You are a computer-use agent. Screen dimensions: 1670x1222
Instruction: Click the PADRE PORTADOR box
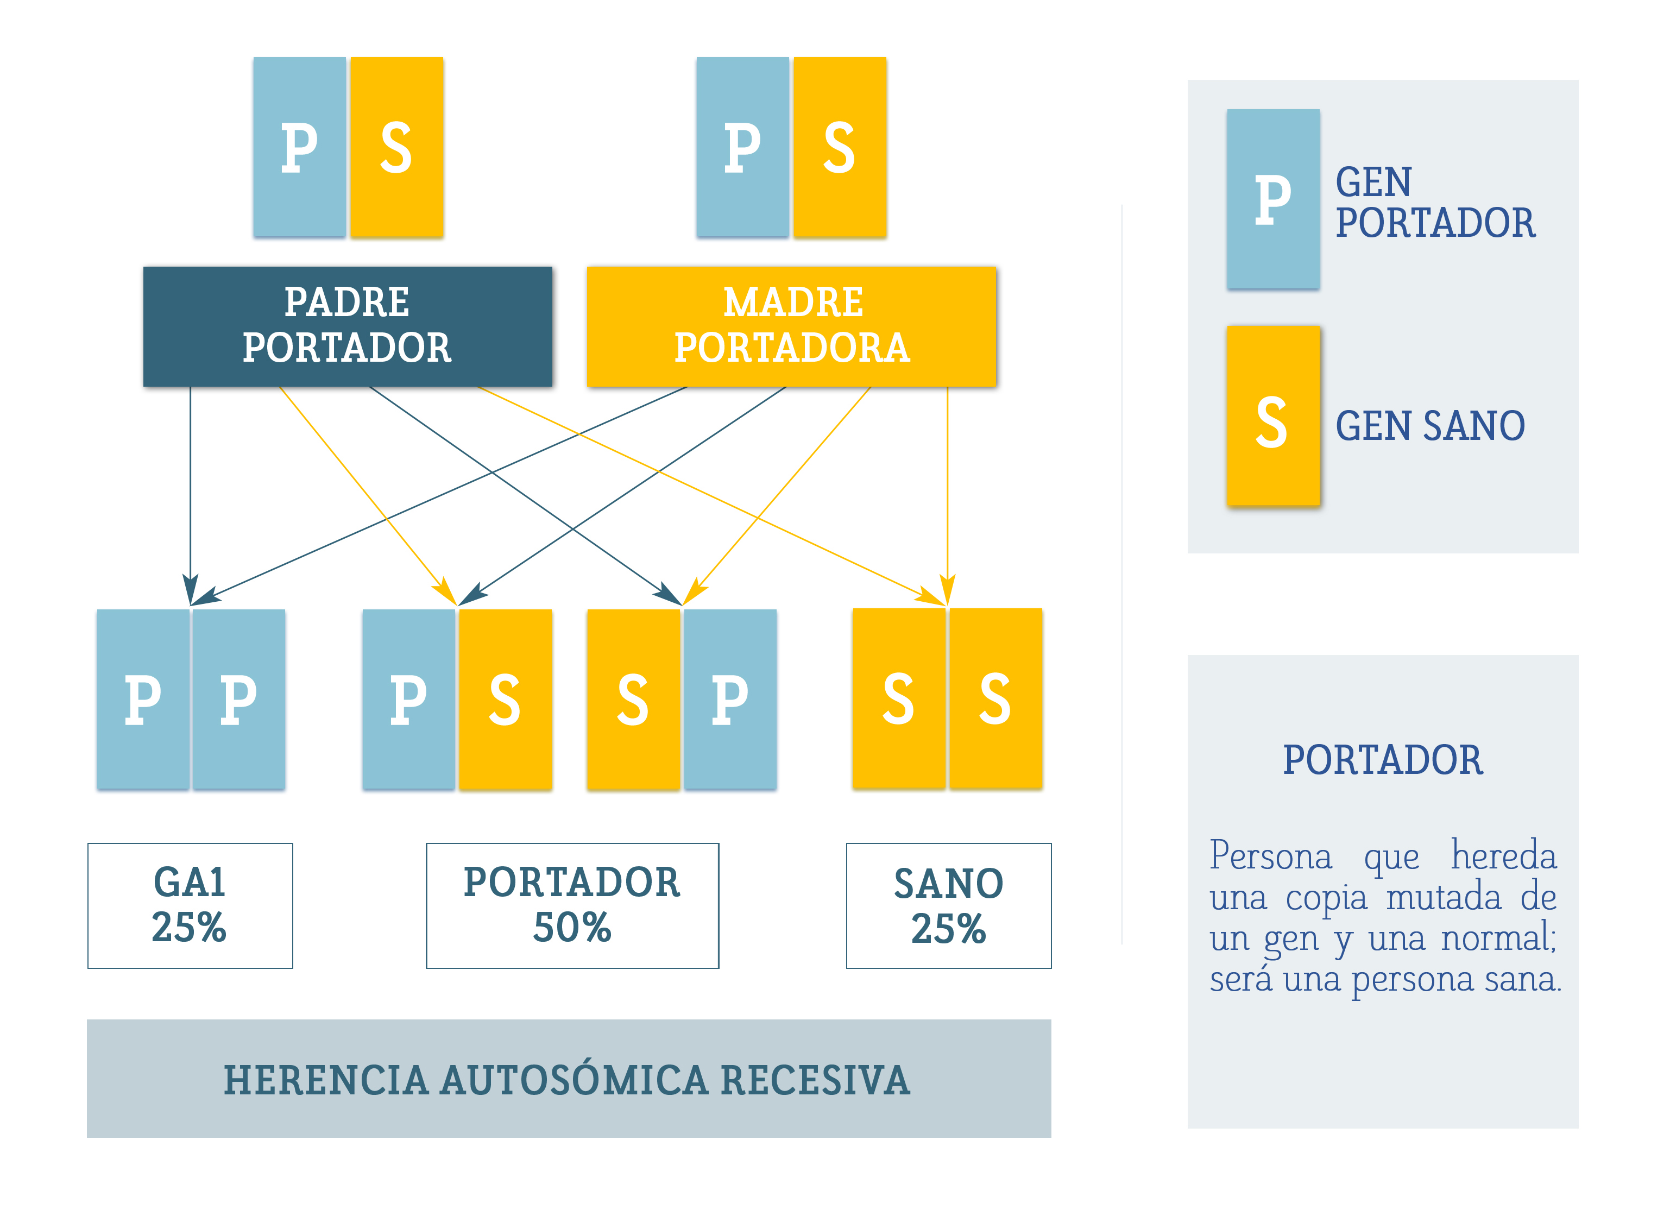click(x=348, y=326)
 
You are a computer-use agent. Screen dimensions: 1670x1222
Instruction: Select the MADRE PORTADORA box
click(x=791, y=326)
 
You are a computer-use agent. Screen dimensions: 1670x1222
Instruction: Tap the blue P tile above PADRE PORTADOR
click(x=300, y=147)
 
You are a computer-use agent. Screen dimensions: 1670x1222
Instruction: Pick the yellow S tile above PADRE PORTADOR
click(x=396, y=147)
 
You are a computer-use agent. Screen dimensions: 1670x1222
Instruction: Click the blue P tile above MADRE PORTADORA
click(x=742, y=147)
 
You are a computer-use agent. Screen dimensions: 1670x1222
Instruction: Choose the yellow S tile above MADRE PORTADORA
click(x=840, y=147)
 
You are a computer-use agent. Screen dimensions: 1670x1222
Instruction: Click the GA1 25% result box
click(x=190, y=905)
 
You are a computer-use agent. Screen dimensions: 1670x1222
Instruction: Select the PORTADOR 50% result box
click(x=572, y=905)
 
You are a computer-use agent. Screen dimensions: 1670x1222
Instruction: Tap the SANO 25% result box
click(x=949, y=905)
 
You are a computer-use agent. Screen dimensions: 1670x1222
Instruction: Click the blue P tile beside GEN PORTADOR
click(x=1273, y=199)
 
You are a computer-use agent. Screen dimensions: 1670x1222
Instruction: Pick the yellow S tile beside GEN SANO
click(x=1273, y=415)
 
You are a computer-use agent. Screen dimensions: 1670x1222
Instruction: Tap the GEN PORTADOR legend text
click(x=1435, y=203)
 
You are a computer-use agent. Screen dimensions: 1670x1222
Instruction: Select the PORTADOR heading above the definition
click(x=1382, y=760)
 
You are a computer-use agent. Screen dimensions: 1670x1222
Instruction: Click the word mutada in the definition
click(x=1444, y=897)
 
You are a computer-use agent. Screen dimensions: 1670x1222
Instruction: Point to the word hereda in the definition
click(x=1504, y=856)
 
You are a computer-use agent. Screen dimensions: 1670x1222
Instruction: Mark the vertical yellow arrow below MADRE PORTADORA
click(x=947, y=496)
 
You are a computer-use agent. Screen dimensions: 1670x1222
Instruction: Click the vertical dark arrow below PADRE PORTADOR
click(x=190, y=496)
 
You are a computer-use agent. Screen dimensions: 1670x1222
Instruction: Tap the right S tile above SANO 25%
click(x=995, y=698)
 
